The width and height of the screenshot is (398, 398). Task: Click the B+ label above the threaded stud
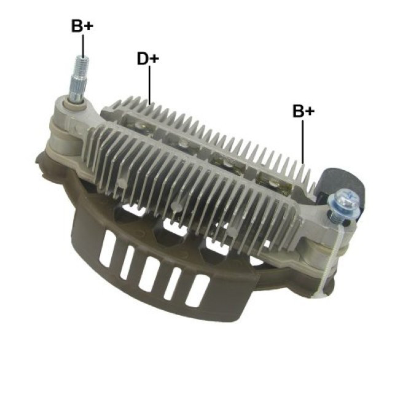click(x=82, y=26)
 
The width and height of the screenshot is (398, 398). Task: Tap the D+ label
click(x=148, y=58)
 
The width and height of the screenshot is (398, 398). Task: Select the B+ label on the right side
click(x=303, y=111)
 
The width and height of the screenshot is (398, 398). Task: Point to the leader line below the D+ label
click(x=149, y=85)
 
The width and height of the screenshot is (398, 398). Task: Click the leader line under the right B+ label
click(x=303, y=142)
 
